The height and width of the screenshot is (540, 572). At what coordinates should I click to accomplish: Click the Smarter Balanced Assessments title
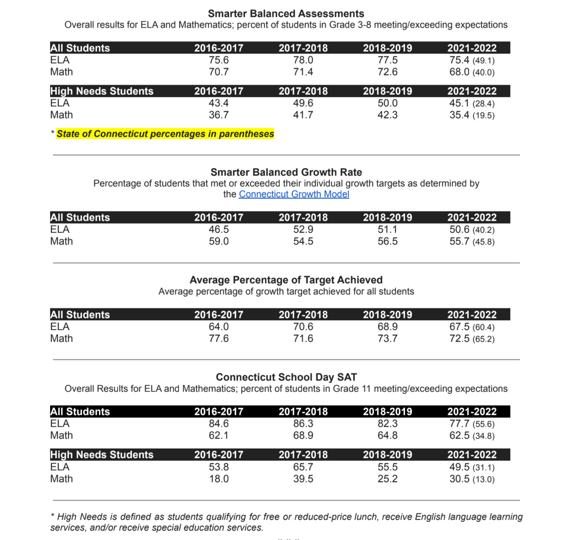[286, 14]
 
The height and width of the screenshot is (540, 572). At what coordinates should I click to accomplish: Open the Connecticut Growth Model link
[294, 194]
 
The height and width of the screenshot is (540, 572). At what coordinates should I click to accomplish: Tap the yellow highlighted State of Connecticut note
[165, 134]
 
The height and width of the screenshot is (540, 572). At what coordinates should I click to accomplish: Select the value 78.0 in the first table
[303, 60]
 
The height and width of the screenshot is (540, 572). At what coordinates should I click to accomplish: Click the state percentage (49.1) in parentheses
[483, 61]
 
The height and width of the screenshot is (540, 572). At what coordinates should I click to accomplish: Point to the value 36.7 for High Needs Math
[219, 115]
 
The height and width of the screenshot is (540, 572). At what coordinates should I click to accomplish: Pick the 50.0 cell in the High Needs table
[387, 103]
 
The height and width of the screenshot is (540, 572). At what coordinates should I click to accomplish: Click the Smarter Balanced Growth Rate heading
[286, 172]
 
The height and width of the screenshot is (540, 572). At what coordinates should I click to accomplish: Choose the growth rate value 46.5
[219, 229]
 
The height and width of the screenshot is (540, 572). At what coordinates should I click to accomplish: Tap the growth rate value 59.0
[219, 241]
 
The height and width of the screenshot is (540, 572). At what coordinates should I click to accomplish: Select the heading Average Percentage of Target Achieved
[286, 280]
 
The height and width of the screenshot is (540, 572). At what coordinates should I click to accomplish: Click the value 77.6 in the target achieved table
[219, 338]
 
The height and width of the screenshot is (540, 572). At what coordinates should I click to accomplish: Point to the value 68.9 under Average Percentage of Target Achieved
[387, 326]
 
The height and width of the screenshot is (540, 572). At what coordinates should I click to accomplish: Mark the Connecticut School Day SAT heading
[286, 377]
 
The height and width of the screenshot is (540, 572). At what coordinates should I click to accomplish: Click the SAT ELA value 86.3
[303, 423]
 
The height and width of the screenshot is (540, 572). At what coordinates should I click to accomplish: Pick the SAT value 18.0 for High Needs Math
[219, 479]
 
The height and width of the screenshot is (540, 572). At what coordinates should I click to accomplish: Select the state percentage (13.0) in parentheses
[483, 479]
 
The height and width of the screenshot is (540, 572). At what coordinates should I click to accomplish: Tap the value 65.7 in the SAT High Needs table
[303, 467]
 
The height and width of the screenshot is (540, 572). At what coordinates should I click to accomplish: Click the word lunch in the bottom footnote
[366, 517]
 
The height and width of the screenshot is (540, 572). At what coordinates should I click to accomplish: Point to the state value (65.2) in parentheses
[483, 339]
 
